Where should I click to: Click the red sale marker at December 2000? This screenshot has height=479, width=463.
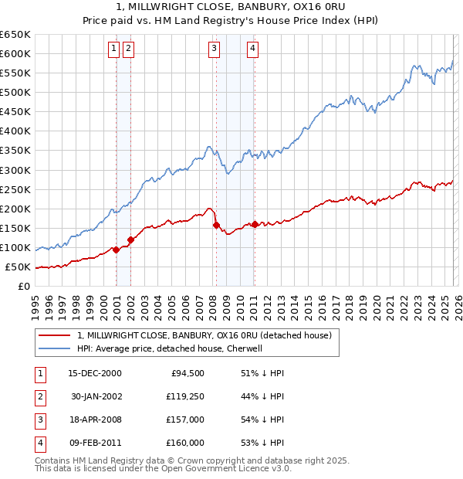[x=116, y=250]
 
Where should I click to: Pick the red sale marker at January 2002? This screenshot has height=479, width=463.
[x=131, y=239]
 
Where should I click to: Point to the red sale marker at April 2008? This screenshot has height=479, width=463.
[x=216, y=225]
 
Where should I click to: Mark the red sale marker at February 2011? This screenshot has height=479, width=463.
[x=255, y=224]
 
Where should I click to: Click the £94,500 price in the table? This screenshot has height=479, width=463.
[x=187, y=373]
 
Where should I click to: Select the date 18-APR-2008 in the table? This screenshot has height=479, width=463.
[x=96, y=421]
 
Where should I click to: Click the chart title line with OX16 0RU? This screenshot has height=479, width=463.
[x=231, y=7]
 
